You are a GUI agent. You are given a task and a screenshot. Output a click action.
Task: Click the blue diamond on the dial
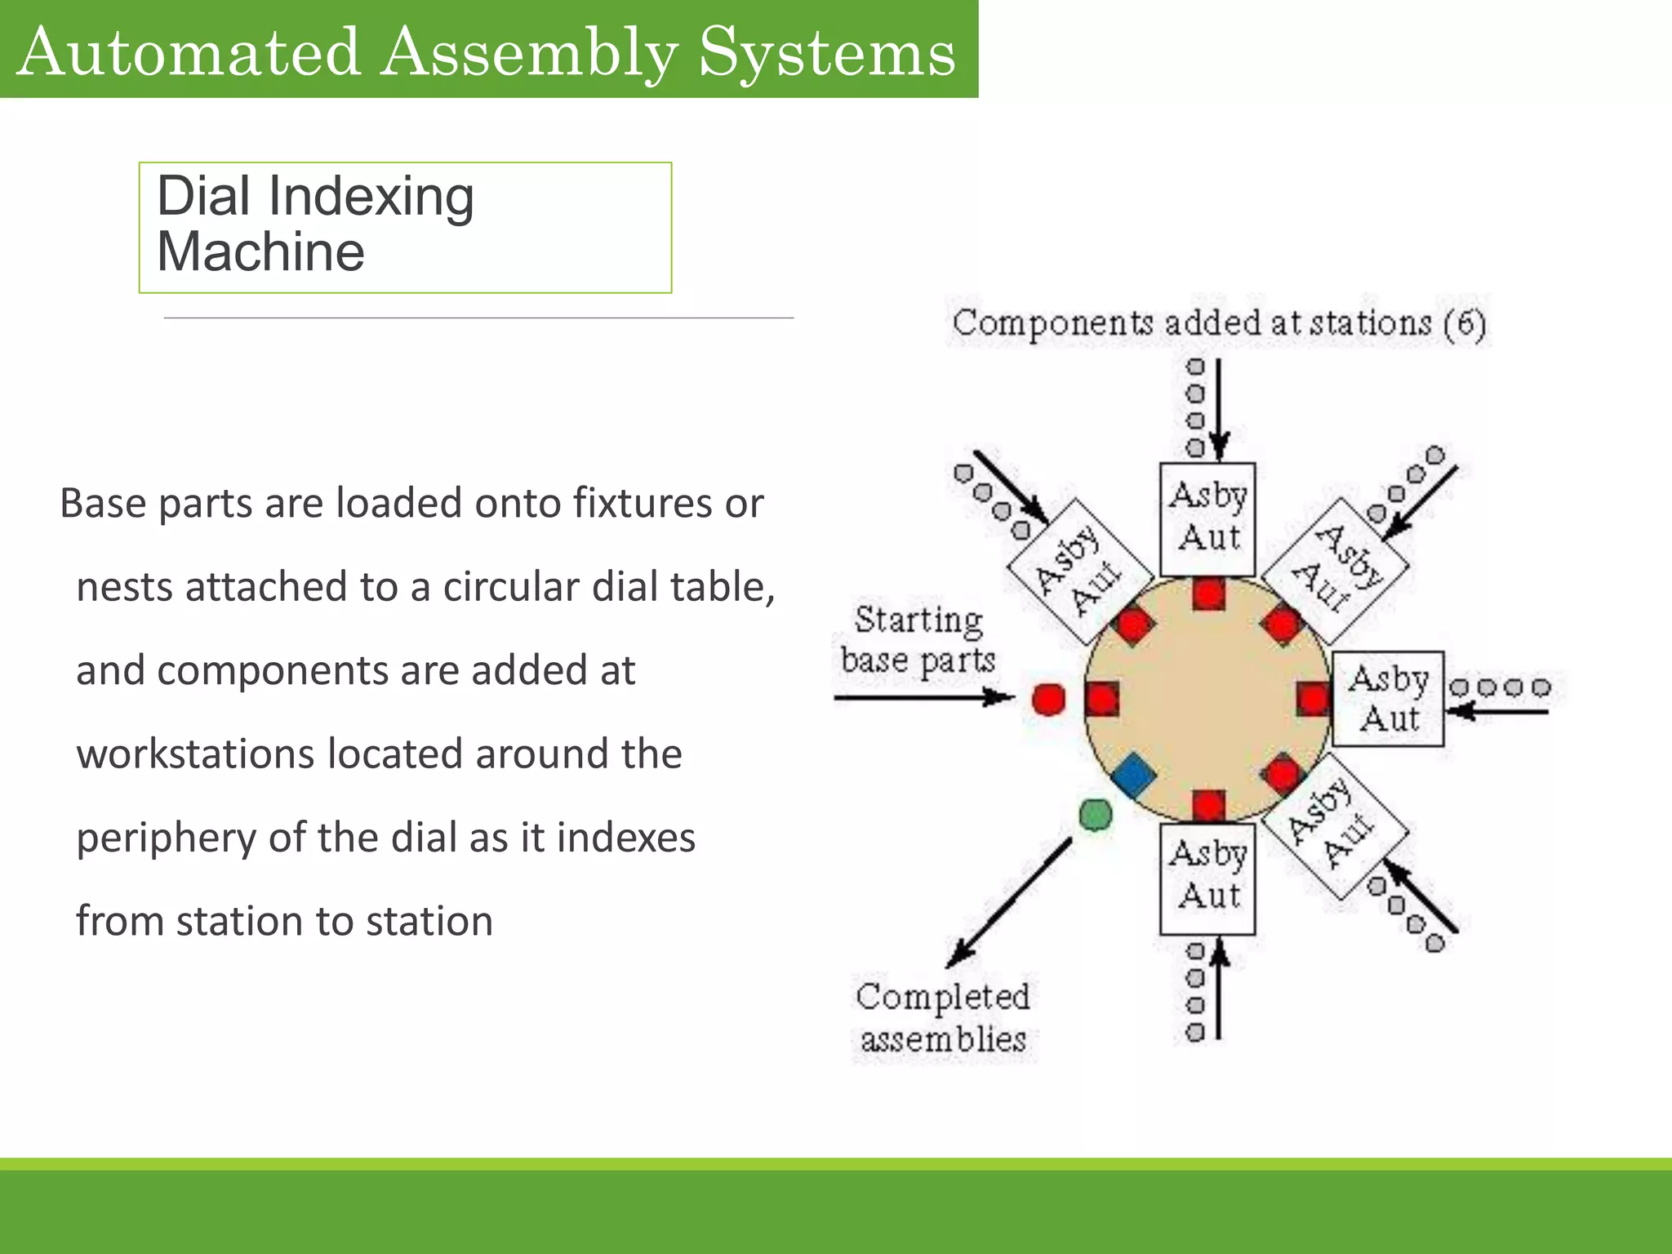[x=1133, y=775]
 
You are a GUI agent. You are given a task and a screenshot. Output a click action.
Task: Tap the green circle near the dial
[x=1096, y=814]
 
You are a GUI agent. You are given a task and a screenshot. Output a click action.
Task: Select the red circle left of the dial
[x=1048, y=700]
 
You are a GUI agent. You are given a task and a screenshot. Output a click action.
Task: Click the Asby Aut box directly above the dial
[x=1207, y=518]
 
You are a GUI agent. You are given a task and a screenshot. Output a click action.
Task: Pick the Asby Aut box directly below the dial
[x=1207, y=878]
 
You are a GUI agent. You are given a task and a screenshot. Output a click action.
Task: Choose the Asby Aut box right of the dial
[x=1388, y=699]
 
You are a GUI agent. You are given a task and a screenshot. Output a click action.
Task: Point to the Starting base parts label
[x=918, y=640]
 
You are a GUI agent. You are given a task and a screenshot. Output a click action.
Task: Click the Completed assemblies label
[x=943, y=1017]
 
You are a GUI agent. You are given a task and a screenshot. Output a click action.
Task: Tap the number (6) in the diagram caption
[x=1465, y=323]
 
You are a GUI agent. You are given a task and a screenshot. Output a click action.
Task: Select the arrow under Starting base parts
[x=923, y=698]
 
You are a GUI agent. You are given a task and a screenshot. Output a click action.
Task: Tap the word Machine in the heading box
[x=260, y=251]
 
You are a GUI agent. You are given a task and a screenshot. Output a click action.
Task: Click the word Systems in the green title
[x=826, y=52]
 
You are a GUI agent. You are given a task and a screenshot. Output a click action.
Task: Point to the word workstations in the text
[x=195, y=754]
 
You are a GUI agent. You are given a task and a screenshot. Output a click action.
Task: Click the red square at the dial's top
[x=1208, y=594]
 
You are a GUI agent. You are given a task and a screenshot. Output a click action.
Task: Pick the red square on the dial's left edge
[x=1102, y=700]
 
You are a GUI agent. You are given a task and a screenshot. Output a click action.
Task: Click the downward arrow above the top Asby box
[x=1219, y=408]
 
